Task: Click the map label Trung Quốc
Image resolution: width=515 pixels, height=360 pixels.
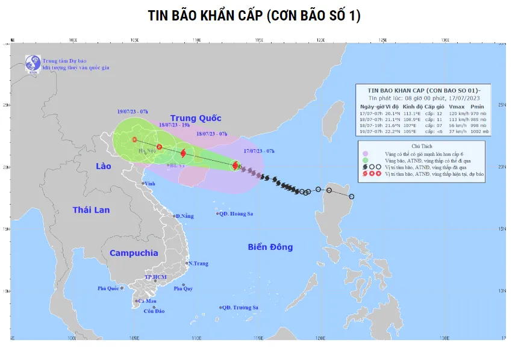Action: click(x=196, y=118)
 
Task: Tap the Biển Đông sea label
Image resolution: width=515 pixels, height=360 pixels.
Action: click(x=270, y=247)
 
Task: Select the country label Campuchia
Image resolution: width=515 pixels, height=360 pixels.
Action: click(x=134, y=253)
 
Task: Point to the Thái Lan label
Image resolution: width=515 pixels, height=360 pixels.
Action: click(x=92, y=209)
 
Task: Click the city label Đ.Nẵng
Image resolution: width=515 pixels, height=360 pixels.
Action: click(x=185, y=216)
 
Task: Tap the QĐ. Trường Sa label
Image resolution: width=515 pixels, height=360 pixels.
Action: click(x=240, y=308)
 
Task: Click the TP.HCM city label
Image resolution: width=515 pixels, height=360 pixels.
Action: click(x=155, y=278)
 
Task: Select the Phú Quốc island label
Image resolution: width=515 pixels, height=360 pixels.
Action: click(x=110, y=289)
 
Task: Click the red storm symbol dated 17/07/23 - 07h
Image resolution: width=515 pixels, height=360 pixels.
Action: click(x=236, y=164)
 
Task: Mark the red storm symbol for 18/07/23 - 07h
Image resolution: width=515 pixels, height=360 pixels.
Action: click(x=183, y=154)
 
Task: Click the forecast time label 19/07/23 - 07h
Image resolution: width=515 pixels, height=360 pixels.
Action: click(x=133, y=112)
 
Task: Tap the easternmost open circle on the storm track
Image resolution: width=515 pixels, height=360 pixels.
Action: click(x=352, y=197)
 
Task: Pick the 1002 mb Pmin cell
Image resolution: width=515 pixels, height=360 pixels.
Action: click(x=480, y=131)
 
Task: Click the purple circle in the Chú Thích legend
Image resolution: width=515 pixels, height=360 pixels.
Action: click(x=366, y=154)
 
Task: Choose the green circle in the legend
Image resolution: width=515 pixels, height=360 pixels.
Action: click(x=366, y=160)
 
